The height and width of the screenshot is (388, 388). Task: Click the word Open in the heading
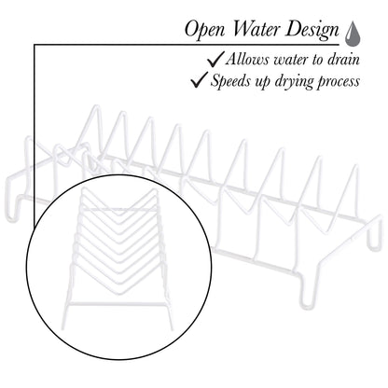(204, 31)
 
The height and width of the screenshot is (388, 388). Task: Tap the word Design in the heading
(312, 31)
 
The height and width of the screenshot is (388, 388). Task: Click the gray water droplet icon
(353, 34)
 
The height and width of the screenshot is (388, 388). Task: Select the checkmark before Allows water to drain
(215, 59)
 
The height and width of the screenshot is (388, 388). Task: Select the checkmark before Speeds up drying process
(200, 79)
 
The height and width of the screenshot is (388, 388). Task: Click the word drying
(294, 81)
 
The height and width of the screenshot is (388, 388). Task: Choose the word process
(339, 82)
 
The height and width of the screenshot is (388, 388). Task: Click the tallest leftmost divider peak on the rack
(97, 107)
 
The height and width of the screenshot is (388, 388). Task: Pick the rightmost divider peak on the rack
(354, 167)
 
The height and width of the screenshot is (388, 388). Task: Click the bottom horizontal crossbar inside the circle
(118, 303)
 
